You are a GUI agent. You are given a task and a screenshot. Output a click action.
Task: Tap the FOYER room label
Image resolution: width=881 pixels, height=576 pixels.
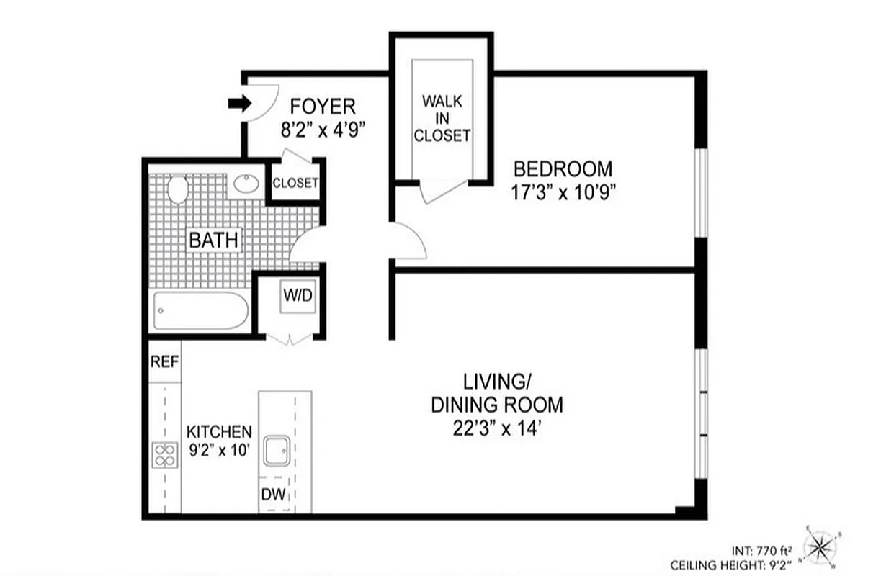pyautogui.click(x=322, y=107)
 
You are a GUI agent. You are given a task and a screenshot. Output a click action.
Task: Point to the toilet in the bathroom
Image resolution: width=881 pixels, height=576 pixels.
pyautogui.click(x=176, y=189)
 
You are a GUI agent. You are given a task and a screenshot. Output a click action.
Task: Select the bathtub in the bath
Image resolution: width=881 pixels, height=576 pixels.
pyautogui.click(x=201, y=311)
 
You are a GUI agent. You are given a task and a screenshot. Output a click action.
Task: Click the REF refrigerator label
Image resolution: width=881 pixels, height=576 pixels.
pyautogui.click(x=164, y=361)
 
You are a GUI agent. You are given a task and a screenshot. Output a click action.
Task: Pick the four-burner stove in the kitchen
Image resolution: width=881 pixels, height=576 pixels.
pyautogui.click(x=165, y=454)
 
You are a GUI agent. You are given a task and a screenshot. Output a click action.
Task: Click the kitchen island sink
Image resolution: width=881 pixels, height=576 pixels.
pyautogui.click(x=277, y=451)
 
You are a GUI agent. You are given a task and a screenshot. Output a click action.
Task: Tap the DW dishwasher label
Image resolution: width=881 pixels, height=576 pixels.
pyautogui.click(x=273, y=495)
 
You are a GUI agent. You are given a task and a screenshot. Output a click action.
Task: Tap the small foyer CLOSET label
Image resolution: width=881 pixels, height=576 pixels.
pyautogui.click(x=295, y=183)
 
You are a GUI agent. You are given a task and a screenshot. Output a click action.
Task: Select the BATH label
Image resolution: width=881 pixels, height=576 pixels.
pyautogui.click(x=213, y=240)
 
